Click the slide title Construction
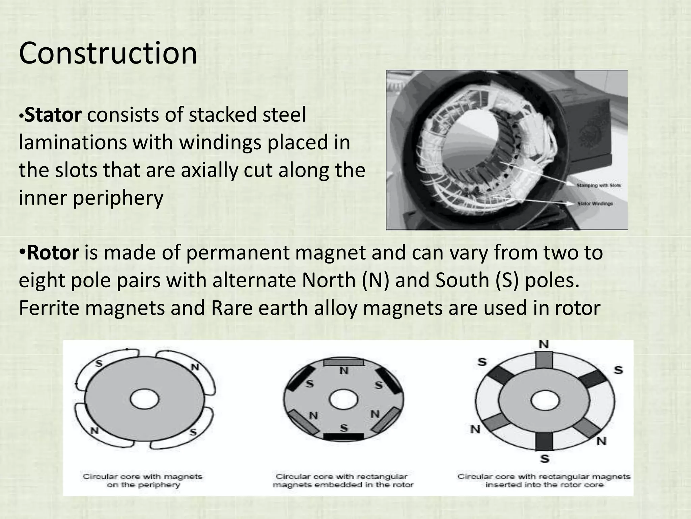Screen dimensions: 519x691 108,53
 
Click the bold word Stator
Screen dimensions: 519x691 53,115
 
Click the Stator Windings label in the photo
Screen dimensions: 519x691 595,204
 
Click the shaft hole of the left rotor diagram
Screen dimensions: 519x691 145,400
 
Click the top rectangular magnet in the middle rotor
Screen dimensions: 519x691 344,363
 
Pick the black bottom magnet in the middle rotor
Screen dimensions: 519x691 343,436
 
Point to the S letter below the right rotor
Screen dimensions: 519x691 545,459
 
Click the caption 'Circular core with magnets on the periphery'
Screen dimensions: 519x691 143,481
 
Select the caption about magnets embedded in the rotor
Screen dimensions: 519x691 343,481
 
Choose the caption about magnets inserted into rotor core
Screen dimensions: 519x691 544,481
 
